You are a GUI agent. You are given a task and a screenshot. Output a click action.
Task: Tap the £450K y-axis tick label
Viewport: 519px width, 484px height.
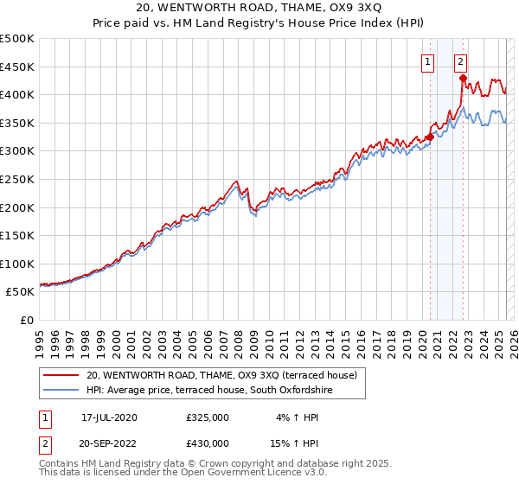tap(16, 67)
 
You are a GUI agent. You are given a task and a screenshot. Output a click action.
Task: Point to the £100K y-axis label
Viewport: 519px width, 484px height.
tap(16, 264)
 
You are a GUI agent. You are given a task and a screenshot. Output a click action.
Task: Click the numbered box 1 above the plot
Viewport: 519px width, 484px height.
tap(428, 61)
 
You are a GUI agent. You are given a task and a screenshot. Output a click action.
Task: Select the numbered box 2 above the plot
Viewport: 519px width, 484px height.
tap(460, 61)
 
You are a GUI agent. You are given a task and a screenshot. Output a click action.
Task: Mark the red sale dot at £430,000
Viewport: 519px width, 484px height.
tap(464, 78)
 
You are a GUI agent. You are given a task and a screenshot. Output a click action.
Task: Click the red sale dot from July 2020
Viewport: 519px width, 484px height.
tap(430, 137)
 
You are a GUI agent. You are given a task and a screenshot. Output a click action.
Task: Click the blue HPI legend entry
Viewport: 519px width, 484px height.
tap(208, 391)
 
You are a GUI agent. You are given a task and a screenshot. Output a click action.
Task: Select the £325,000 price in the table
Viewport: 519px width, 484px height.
tap(208, 417)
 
